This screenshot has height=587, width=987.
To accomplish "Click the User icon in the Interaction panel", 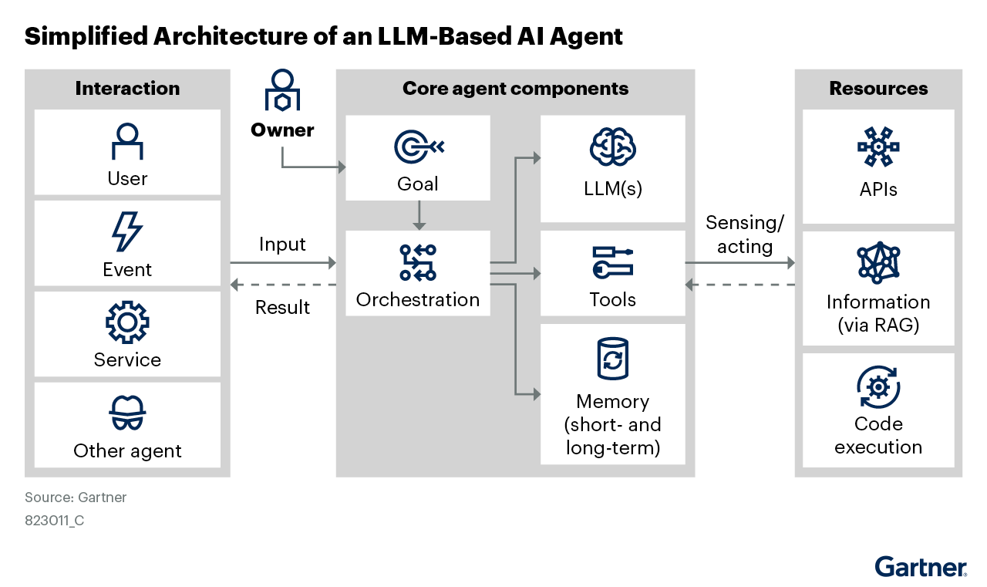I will point(127,141).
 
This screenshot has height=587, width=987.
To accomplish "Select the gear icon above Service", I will point(127,322).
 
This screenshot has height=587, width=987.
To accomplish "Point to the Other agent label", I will point(127,451).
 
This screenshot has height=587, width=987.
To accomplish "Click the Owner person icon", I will point(282,91).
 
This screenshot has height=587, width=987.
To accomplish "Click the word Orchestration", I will point(418,299).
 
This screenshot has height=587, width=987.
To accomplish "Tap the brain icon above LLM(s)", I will point(612,147).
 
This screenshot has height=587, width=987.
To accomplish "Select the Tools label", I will point(612,299).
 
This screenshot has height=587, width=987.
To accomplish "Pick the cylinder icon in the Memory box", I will point(612,359).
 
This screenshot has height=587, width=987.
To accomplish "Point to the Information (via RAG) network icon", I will point(878,263).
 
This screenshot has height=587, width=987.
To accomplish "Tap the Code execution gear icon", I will point(878,387).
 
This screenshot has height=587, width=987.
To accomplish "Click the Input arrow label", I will point(282,245).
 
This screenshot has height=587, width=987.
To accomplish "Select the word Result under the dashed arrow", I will point(282,307).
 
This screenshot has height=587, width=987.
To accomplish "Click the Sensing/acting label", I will point(744,234).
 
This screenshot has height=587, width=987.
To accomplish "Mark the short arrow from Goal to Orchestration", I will point(418,215).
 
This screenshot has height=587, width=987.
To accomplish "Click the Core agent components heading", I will point(515,89).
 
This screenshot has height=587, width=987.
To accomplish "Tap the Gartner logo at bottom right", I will point(921,566).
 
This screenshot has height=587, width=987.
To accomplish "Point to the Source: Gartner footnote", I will point(76,498).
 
